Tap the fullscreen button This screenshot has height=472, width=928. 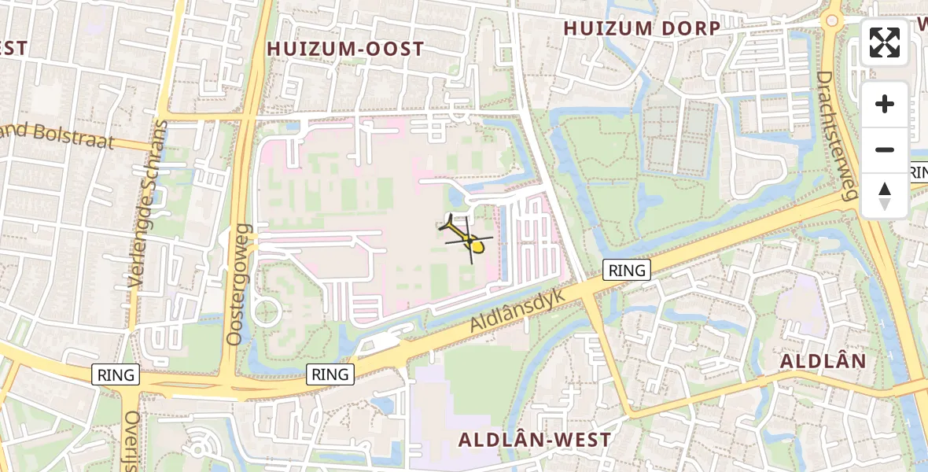pyautogui.click(x=885, y=42)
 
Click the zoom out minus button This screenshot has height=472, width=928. pyautogui.click(x=885, y=150)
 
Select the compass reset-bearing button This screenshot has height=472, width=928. pyautogui.click(x=885, y=196)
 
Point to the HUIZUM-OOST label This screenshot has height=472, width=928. pyautogui.click(x=345, y=49)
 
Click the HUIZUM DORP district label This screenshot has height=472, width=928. pyautogui.click(x=642, y=28)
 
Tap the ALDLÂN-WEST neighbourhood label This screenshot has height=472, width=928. pyautogui.click(x=535, y=439)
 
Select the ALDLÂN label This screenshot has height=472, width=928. pyautogui.click(x=823, y=361)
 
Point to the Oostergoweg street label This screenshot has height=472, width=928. pyautogui.click(x=237, y=285)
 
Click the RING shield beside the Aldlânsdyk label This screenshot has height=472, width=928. pyautogui.click(x=627, y=271)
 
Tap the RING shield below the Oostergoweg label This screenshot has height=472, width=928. pyautogui.click(x=330, y=374)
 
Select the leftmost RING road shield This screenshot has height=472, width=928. pyautogui.click(x=116, y=374)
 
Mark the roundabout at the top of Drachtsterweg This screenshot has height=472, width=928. pyautogui.click(x=831, y=20)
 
